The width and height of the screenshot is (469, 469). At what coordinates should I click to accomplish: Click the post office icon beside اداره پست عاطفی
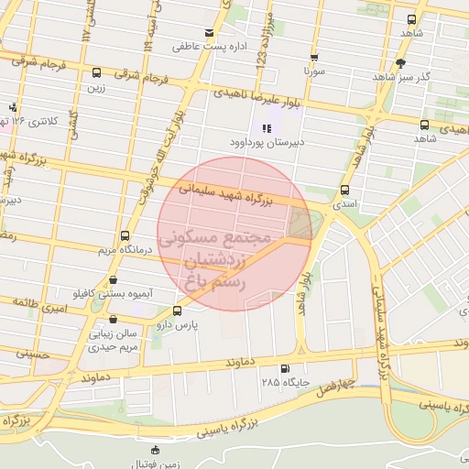pos(210,33)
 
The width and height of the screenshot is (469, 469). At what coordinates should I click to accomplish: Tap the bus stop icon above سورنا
pos(313,56)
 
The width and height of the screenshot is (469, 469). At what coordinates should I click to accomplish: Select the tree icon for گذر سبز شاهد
pos(400,63)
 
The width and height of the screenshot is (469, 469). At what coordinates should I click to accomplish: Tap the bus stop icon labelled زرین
pos(97,73)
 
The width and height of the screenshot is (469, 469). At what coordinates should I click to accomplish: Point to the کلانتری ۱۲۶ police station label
pos(39,121)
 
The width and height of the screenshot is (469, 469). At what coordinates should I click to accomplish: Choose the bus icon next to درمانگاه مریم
pos(125,235)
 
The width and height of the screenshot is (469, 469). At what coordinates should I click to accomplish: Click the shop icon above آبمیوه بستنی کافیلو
pos(113,280)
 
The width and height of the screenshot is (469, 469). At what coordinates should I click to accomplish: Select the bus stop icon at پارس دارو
pos(177,310)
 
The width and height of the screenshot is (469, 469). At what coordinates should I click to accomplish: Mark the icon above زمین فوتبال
pos(155,450)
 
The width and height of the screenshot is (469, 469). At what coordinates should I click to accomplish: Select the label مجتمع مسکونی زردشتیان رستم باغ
pos(216,260)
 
